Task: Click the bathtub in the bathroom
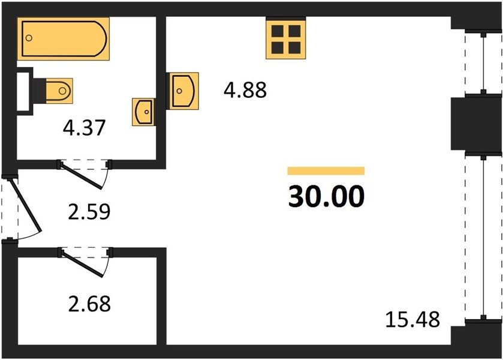click(63, 38)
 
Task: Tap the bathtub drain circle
click(29, 38)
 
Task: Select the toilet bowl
click(59, 91)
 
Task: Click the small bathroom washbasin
click(143, 112)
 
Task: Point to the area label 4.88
click(245, 90)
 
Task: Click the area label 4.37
click(84, 127)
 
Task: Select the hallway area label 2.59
click(89, 211)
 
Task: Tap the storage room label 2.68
click(89, 304)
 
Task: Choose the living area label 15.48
click(412, 319)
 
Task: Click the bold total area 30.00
click(326, 196)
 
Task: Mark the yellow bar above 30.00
click(326, 171)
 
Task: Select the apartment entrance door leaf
click(25, 204)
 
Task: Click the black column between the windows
click(476, 123)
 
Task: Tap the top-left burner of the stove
click(278, 31)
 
